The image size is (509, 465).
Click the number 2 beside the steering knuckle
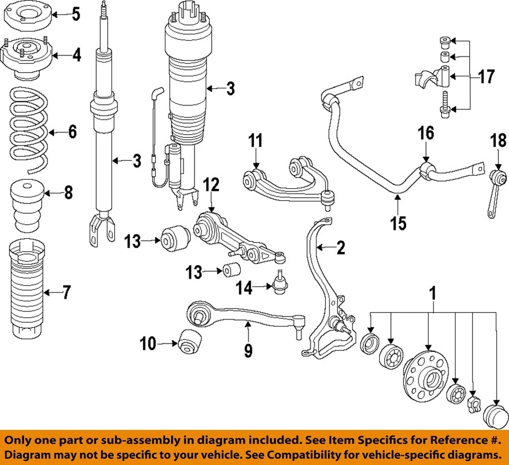(x=341, y=247)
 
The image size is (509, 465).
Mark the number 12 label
(x=211, y=186)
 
